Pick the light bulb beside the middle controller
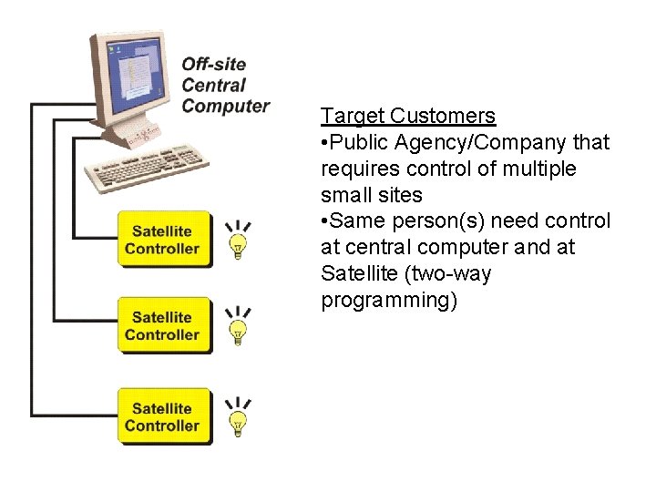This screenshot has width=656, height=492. coord(238,329)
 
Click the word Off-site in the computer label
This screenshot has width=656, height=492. coord(214,64)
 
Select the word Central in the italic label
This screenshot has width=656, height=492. coord(214,85)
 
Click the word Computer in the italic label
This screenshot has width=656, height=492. coord(226,106)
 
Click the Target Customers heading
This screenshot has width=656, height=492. coord(408,116)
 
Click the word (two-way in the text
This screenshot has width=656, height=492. coord(450,274)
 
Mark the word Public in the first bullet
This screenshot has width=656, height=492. coord(358,142)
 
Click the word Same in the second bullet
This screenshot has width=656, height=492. coord(358,221)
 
